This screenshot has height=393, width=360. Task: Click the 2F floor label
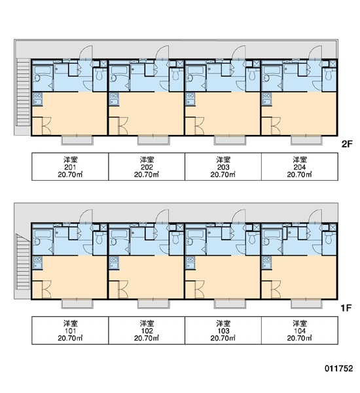click(x=347, y=144)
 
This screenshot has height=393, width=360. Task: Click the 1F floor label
click(x=346, y=308)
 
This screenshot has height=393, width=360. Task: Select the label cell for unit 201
click(x=70, y=166)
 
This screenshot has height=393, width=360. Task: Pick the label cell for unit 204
click(x=300, y=166)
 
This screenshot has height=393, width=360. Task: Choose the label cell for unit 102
click(x=147, y=330)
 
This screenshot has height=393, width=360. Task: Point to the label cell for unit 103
click(x=223, y=330)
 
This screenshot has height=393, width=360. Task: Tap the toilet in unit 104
click(x=329, y=238)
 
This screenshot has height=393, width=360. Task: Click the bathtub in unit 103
click(x=196, y=234)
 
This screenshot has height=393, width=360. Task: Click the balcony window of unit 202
click(x=154, y=140)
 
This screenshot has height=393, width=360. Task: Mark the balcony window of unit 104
click(x=306, y=304)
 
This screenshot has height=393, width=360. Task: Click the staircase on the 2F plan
click(x=24, y=92)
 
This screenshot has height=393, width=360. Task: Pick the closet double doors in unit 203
click(x=200, y=126)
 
